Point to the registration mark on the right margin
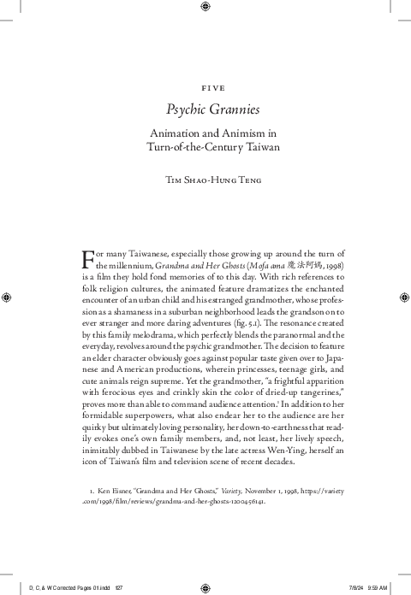pos(402,297)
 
